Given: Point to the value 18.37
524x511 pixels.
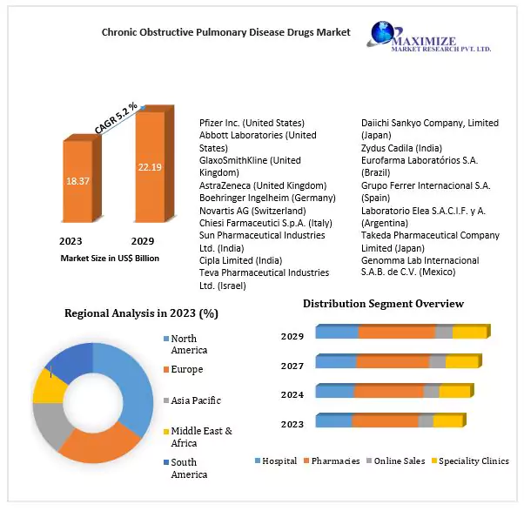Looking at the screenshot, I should click(x=78, y=180).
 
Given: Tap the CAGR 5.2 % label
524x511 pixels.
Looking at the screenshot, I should click(x=116, y=118).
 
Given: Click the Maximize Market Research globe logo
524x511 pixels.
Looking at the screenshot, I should click(x=382, y=35).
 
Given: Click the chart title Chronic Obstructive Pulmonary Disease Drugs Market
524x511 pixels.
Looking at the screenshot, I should click(x=225, y=32).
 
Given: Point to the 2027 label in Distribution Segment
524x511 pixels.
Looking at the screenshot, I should click(x=292, y=366).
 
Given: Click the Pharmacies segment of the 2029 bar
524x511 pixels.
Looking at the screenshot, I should click(x=396, y=332).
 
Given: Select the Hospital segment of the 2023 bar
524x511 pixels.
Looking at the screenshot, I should click(x=333, y=421).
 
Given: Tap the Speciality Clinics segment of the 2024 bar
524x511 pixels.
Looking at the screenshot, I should click(x=454, y=391).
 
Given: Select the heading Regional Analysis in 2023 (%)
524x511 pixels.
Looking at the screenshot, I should click(x=141, y=313).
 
